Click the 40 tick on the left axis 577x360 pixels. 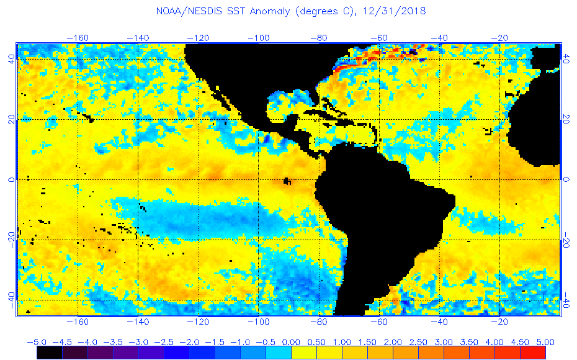[11, 59]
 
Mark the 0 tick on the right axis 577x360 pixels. [566, 180]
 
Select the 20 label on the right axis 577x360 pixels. [566, 119]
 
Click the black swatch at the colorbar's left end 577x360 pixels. [49, 353]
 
